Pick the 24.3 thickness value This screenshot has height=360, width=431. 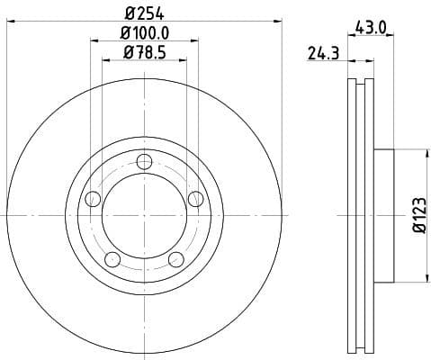tap(322, 54)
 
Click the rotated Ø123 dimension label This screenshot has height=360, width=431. tap(418, 216)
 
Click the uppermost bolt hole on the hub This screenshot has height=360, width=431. tap(143, 162)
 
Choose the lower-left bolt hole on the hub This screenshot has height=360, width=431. tap(112, 260)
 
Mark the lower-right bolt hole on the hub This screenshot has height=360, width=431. tap(175, 260)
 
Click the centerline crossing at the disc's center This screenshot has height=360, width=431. tap(143, 216)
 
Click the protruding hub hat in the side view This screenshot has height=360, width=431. tap(384, 216)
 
